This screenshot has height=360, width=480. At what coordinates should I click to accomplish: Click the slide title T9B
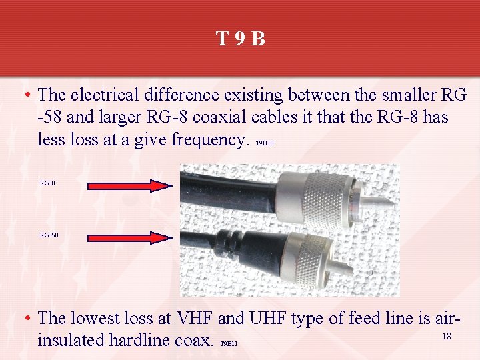tap(241, 39)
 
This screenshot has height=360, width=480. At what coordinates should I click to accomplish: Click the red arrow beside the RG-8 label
tap(129, 186)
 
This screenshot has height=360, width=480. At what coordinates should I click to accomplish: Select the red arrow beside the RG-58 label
tap(129, 237)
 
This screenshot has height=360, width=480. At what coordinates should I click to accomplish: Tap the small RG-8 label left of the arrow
tap(47, 183)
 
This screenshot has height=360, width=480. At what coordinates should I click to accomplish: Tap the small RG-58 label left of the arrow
tap(49, 235)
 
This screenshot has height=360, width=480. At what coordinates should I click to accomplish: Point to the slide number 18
tap(447, 336)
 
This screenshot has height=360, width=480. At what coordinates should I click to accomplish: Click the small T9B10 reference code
tap(265, 143)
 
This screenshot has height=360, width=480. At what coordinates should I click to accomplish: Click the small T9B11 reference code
tap(229, 344)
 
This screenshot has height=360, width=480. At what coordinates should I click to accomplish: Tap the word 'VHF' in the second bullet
tap(191, 319)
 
